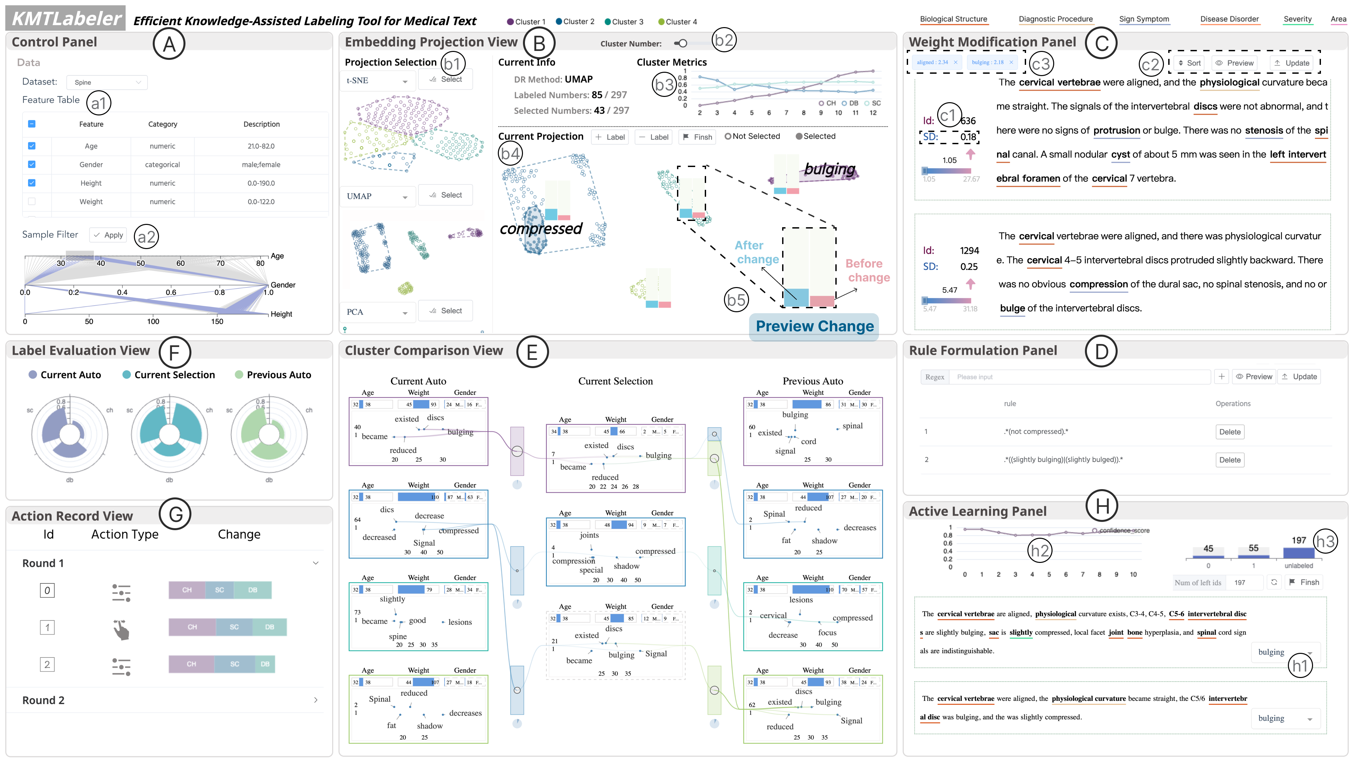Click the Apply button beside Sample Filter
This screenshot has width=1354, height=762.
click(x=108, y=235)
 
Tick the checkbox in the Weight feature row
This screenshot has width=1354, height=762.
click(x=31, y=201)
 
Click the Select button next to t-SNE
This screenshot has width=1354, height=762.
click(x=445, y=79)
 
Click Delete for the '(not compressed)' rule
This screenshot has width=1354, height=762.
click(x=1229, y=432)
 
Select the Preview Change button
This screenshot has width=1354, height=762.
click(x=814, y=326)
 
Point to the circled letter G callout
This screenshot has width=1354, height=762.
click(x=175, y=514)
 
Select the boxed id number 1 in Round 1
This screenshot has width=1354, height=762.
click(x=47, y=627)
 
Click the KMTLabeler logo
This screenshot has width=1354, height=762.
click(x=66, y=19)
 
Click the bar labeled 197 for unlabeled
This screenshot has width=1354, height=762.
click(x=1298, y=552)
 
